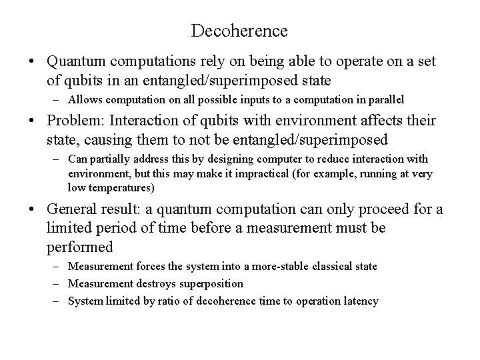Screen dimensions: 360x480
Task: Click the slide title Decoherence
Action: (239, 31)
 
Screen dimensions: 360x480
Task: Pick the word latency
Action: (361, 301)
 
